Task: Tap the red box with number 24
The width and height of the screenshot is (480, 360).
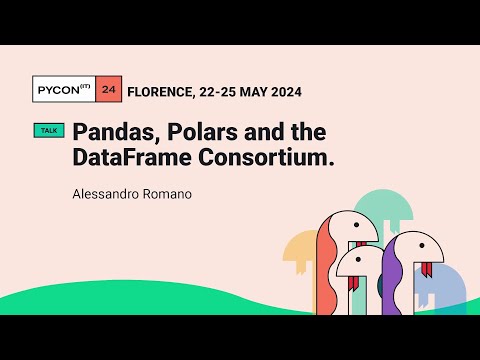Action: (x=109, y=91)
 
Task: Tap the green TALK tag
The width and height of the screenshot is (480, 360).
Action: (x=48, y=131)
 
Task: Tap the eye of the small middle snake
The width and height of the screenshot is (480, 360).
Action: (x=369, y=261)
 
